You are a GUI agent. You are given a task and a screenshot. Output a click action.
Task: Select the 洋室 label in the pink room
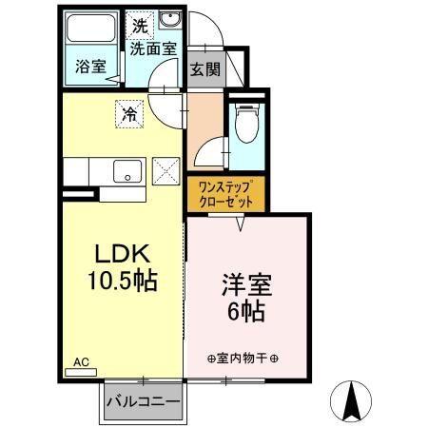(x=246, y=283)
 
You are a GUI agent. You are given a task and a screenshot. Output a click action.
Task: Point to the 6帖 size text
(x=246, y=310)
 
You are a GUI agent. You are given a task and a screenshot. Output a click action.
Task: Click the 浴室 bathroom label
(x=91, y=67)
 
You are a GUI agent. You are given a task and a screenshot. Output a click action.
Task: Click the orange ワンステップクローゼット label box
(x=226, y=195)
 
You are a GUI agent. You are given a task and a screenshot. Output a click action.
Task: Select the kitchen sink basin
(x=126, y=171)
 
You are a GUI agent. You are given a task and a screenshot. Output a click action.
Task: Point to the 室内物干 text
(x=242, y=359)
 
